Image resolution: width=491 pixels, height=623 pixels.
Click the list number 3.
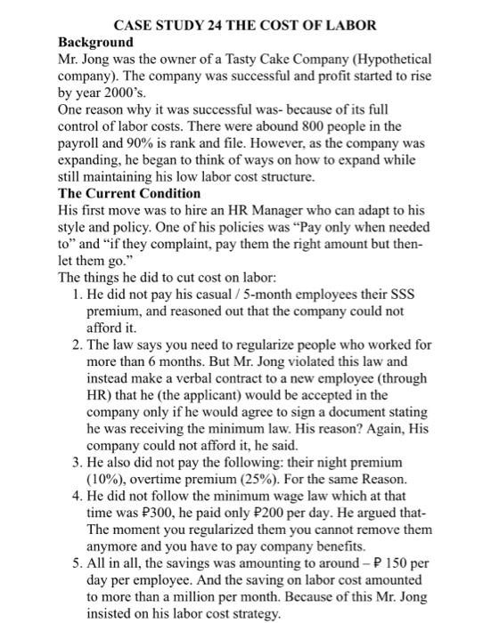(x=75, y=462)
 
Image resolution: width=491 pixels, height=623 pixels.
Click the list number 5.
(x=75, y=563)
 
